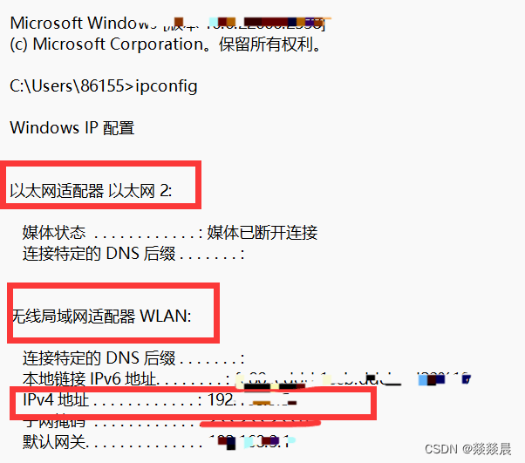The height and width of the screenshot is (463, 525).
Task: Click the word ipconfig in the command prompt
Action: pos(167,85)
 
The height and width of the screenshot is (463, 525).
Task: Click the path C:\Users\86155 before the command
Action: pos(72,85)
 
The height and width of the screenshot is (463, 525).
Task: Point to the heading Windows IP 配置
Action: pos(72,127)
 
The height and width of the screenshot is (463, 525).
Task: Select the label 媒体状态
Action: pos(54,233)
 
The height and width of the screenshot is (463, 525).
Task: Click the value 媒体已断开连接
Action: pos(262,233)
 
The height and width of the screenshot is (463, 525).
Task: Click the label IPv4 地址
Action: pos(54,401)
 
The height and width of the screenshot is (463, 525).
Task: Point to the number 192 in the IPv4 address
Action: pos(219,401)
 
